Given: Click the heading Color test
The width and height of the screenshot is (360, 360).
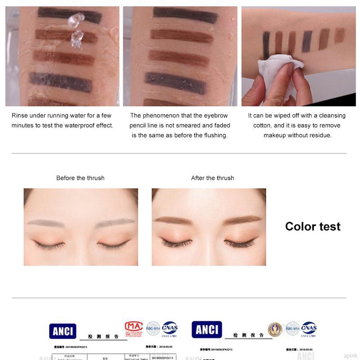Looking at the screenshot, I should pos(313,226).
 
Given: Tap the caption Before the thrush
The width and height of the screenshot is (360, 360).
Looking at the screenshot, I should pos(80,178).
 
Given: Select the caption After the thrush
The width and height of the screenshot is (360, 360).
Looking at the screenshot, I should pos(212,178).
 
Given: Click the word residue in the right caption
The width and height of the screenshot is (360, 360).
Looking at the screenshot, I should pos(317,135).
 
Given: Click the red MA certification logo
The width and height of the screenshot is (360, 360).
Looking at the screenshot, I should pos(134,327).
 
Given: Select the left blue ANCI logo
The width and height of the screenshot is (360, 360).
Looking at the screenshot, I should pos(63,331).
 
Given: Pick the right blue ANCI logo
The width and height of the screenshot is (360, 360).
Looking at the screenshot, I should pos(207,330).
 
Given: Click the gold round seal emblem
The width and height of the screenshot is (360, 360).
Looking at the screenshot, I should pos(275,329).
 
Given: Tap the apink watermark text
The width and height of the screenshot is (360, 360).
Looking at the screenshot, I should pos(350,355).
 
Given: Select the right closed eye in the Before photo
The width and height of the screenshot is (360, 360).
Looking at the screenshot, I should pos(114,244).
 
